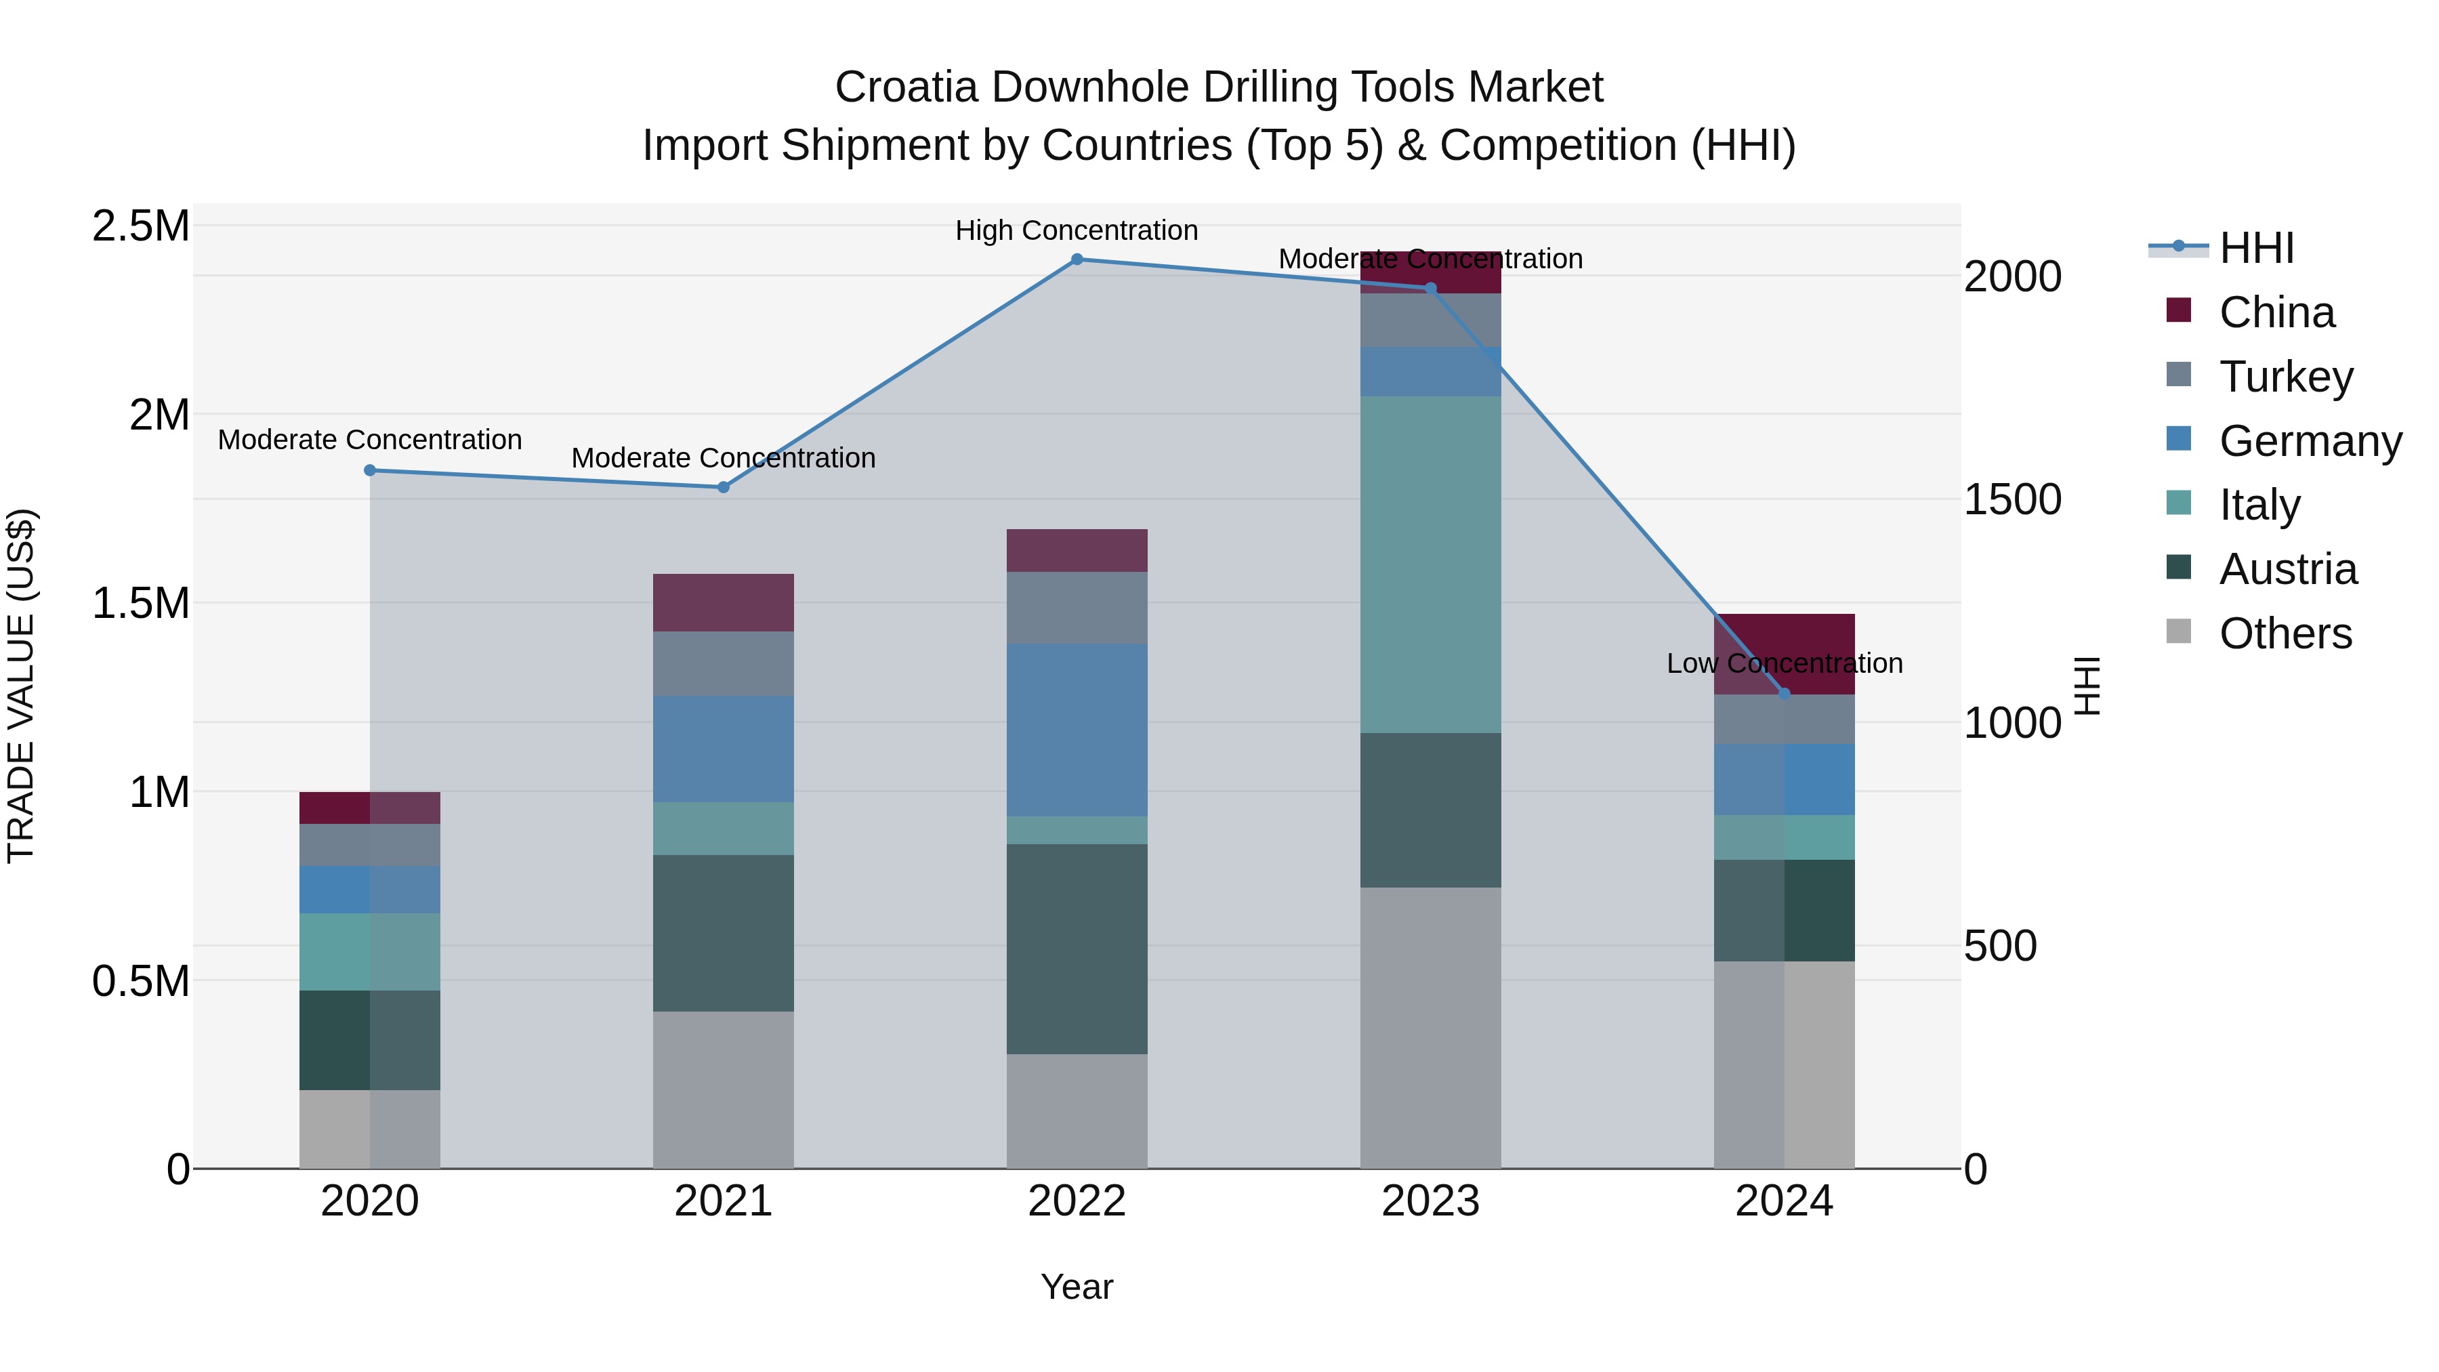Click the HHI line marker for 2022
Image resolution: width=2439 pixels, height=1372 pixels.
[x=1077, y=259]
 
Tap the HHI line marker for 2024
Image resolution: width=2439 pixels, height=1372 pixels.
[x=1784, y=694]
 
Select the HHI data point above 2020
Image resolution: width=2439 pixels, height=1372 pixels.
[x=370, y=471]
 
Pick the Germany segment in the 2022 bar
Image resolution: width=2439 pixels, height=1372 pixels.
[x=1077, y=730]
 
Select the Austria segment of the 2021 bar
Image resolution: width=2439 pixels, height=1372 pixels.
[x=724, y=933]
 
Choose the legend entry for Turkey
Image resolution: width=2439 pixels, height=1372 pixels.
[x=2285, y=377]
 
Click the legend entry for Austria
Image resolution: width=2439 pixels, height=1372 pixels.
[x=2287, y=569]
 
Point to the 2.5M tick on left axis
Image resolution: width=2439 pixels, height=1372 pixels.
[x=141, y=226]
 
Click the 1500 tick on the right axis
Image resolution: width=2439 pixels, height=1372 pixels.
[x=2012, y=500]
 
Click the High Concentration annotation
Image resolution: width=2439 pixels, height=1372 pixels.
[x=1077, y=230]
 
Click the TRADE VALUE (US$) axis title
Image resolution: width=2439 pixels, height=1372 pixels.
[x=21, y=686]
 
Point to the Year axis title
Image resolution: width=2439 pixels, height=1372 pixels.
[x=1077, y=1287]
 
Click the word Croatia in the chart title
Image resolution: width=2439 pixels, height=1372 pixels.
[x=905, y=87]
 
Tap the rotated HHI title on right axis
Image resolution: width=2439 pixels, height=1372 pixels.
[x=2087, y=686]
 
